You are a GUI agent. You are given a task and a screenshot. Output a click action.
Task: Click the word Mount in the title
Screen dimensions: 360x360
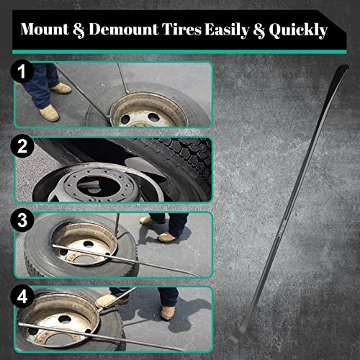coord(44,30)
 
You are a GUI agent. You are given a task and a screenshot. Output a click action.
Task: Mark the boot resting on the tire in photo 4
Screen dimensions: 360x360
coord(108,298)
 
